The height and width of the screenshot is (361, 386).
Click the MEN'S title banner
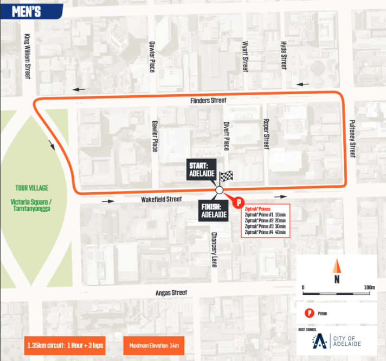28,11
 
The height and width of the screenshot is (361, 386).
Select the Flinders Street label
209,101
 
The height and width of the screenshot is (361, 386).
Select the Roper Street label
266,134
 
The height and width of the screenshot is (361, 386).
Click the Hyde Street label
283,55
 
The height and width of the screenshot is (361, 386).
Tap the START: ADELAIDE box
202,170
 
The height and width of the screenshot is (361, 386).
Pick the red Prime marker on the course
237,202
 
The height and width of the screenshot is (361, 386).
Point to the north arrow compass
337,271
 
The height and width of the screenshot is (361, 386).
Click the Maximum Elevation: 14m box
153,345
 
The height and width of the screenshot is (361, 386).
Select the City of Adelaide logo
337,341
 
